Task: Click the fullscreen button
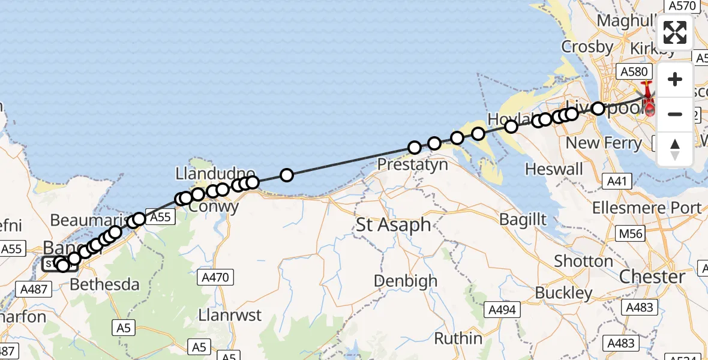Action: (x=675, y=32)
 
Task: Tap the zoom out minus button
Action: (x=675, y=114)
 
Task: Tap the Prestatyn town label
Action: (x=413, y=164)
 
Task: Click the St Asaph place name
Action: (x=394, y=225)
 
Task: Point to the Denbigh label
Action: (x=405, y=281)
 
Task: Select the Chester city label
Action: (x=652, y=277)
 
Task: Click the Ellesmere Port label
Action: (x=647, y=208)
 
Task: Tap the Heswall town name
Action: (x=554, y=169)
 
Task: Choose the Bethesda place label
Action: (x=105, y=284)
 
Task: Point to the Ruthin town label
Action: (x=458, y=338)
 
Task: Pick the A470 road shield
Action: (x=217, y=277)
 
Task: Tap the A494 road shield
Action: (x=502, y=310)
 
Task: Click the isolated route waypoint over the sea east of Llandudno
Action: (x=287, y=175)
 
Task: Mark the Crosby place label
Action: (x=587, y=47)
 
